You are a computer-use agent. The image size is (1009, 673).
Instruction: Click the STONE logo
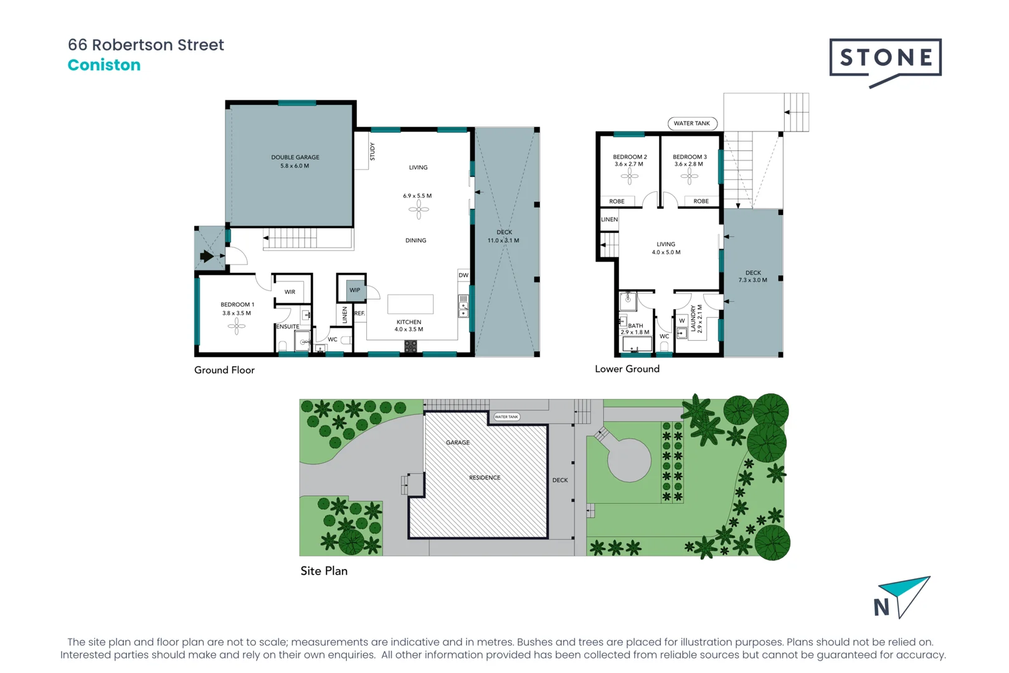(x=885, y=59)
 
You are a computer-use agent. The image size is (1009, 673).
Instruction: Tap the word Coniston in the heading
(x=104, y=65)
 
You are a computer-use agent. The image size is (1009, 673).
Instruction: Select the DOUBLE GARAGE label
(x=295, y=157)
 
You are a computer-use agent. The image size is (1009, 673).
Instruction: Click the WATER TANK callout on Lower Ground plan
(x=691, y=123)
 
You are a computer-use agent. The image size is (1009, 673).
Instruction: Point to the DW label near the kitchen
(x=463, y=275)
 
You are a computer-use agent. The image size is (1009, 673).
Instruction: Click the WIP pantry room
(x=354, y=290)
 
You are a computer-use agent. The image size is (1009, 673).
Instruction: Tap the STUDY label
(x=372, y=151)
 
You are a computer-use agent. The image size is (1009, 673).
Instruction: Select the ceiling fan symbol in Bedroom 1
(x=237, y=326)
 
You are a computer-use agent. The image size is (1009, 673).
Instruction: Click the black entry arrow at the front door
(x=207, y=255)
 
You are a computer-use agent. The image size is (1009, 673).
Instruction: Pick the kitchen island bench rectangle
(x=410, y=304)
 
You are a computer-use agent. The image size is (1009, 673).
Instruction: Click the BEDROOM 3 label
(x=689, y=157)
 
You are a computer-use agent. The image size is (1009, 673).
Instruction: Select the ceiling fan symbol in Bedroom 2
(x=630, y=176)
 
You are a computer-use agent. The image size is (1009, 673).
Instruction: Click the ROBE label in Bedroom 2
(x=617, y=201)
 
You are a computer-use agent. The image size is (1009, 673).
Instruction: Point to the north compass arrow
(x=907, y=594)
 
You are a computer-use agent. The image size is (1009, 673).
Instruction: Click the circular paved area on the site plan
(x=629, y=460)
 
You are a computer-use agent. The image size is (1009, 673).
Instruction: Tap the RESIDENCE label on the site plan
(x=485, y=478)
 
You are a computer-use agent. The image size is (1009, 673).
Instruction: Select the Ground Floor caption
(x=224, y=370)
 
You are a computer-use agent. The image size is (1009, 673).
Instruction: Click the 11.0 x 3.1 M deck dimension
(x=503, y=241)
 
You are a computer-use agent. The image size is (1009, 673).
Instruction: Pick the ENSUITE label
(x=288, y=327)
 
